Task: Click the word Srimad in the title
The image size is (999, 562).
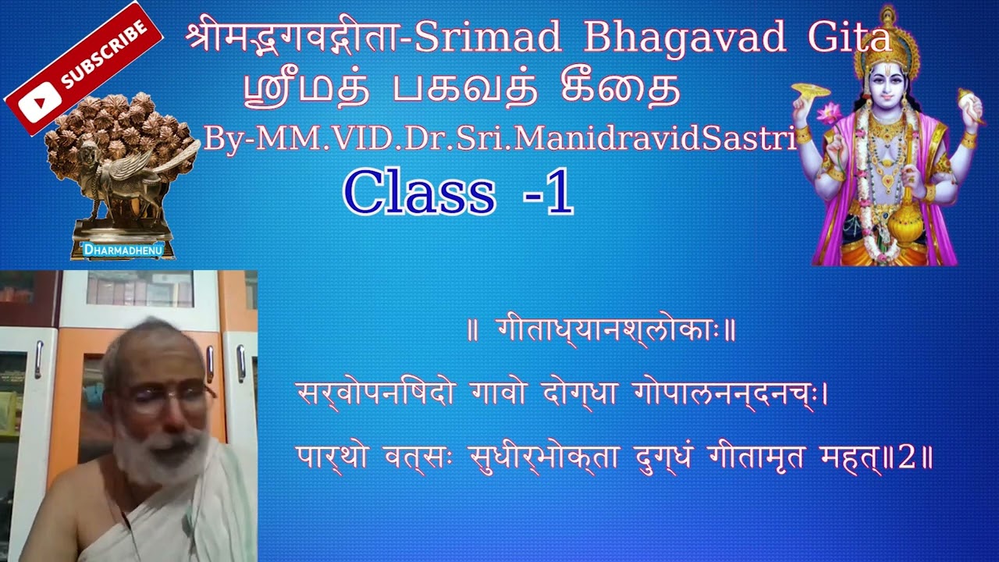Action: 488,38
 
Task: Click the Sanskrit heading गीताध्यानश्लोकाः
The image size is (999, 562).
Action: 601,331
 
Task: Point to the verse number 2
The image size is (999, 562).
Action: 906,457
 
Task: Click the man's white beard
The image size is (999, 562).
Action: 160,457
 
